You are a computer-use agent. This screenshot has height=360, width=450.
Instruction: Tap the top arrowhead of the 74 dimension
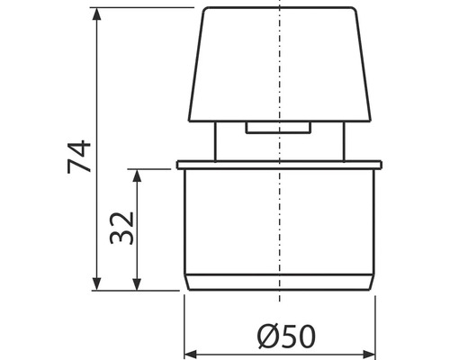coord(96,13)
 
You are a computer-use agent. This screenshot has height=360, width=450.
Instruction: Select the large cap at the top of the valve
coord(280,67)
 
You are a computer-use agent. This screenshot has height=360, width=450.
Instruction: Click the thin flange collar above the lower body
coord(279,165)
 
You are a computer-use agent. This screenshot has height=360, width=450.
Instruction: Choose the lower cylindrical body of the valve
coord(279,220)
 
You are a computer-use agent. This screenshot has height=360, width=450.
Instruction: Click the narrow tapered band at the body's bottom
coord(279,282)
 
